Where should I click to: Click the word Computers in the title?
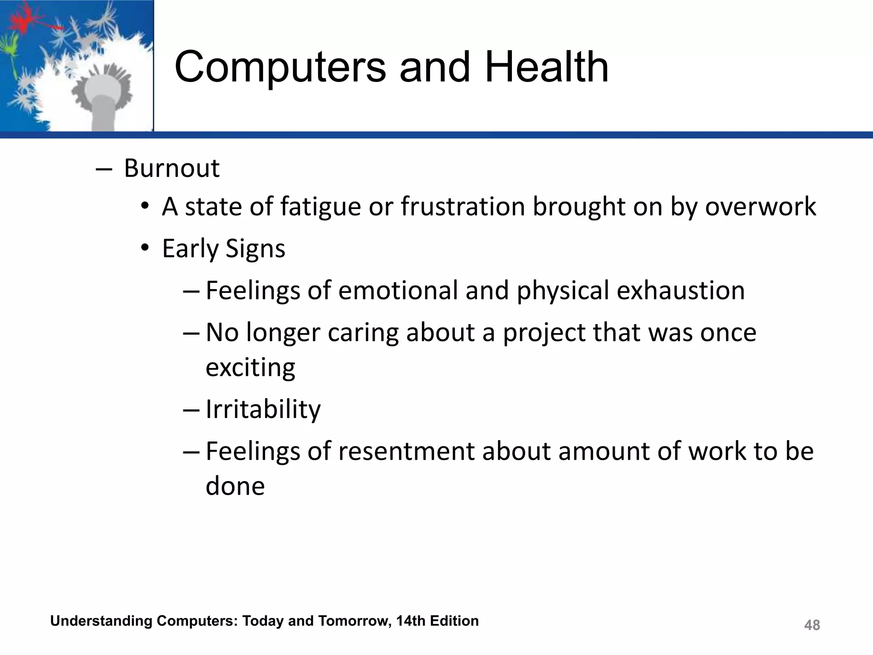click(x=280, y=67)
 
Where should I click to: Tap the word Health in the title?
click(x=546, y=67)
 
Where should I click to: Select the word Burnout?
click(x=171, y=168)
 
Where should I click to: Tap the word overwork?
click(x=760, y=207)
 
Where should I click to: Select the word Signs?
click(x=255, y=249)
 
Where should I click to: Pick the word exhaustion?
click(x=681, y=290)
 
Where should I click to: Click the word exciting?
click(x=250, y=368)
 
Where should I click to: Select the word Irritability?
click(x=263, y=410)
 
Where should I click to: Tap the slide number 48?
click(x=812, y=625)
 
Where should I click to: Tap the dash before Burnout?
click(x=104, y=169)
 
